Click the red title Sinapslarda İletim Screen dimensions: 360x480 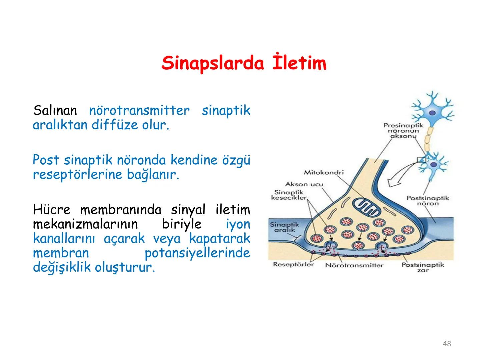(x=244, y=63)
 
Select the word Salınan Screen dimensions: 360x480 (x=55, y=110)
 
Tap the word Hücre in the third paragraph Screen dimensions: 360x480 (x=52, y=210)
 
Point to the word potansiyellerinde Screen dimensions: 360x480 (x=197, y=253)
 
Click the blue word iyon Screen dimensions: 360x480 (x=238, y=224)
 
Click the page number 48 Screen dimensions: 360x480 (x=447, y=344)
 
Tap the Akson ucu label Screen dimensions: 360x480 (x=304, y=184)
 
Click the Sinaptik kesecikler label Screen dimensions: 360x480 (x=289, y=195)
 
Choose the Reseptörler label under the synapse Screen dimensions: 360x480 (x=293, y=265)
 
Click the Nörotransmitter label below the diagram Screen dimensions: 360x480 (x=354, y=265)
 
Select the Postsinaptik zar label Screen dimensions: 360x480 (x=423, y=267)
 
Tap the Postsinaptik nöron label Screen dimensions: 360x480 (x=428, y=201)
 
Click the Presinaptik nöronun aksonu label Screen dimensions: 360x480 (x=403, y=131)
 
